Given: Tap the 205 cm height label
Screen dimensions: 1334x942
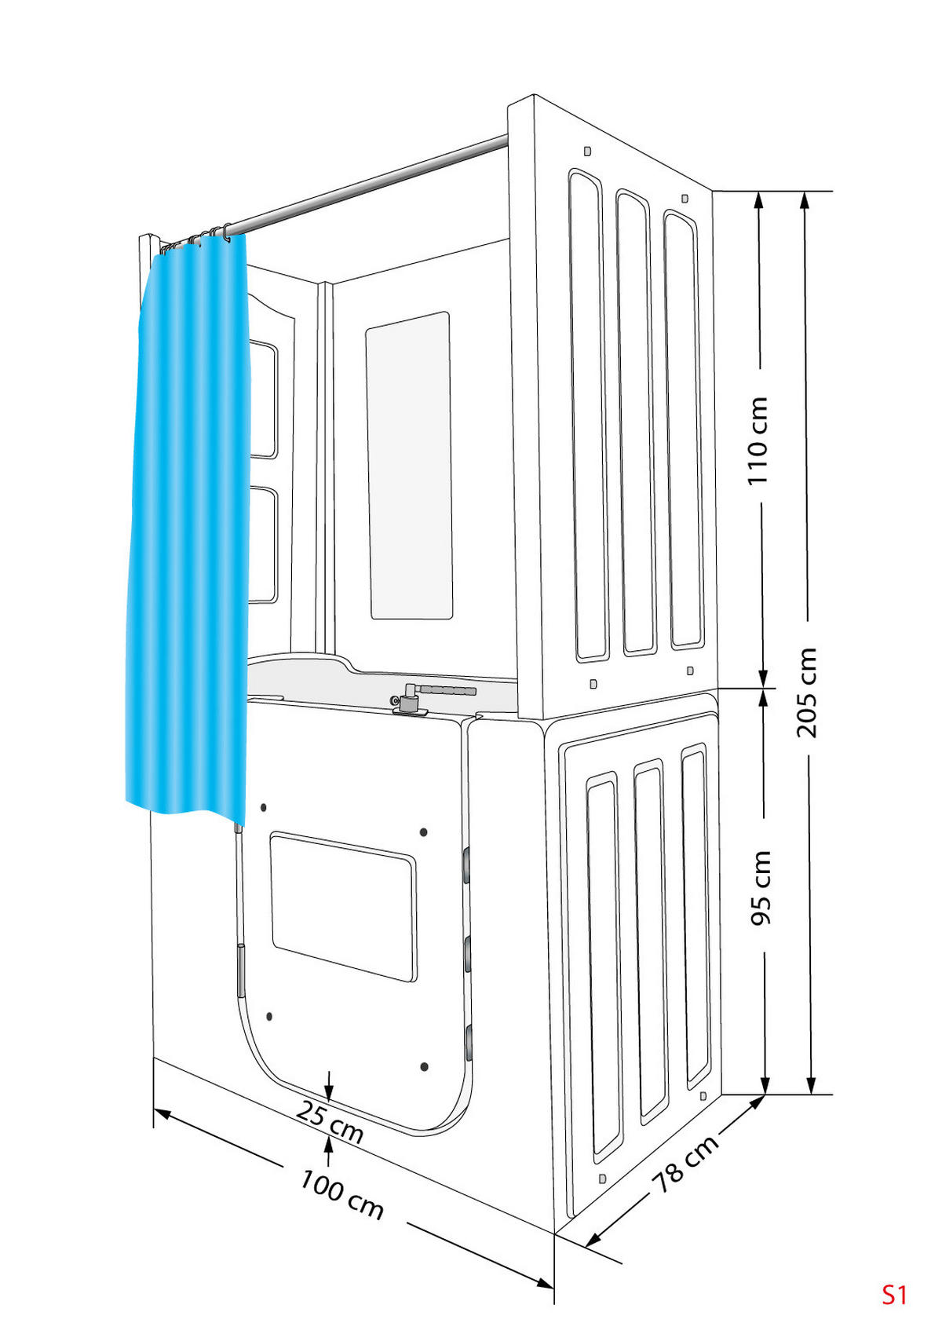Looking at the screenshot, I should [806, 693].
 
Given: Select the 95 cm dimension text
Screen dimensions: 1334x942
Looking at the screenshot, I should [760, 887].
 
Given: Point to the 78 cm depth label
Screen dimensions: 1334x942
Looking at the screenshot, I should [685, 1164].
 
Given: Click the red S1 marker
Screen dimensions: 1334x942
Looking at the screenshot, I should [894, 1295].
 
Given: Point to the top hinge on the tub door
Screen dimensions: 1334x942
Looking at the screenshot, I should [466, 867].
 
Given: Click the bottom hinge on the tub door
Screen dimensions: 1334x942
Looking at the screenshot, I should [468, 1043].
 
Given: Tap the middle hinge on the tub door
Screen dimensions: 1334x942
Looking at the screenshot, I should [467, 955].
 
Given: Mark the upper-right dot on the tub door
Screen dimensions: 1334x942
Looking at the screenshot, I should [423, 831].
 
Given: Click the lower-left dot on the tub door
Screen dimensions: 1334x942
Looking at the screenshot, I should [269, 1016].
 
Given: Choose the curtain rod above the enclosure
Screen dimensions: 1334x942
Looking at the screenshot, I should [369, 186].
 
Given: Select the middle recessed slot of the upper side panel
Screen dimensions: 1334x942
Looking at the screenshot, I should [636, 424].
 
